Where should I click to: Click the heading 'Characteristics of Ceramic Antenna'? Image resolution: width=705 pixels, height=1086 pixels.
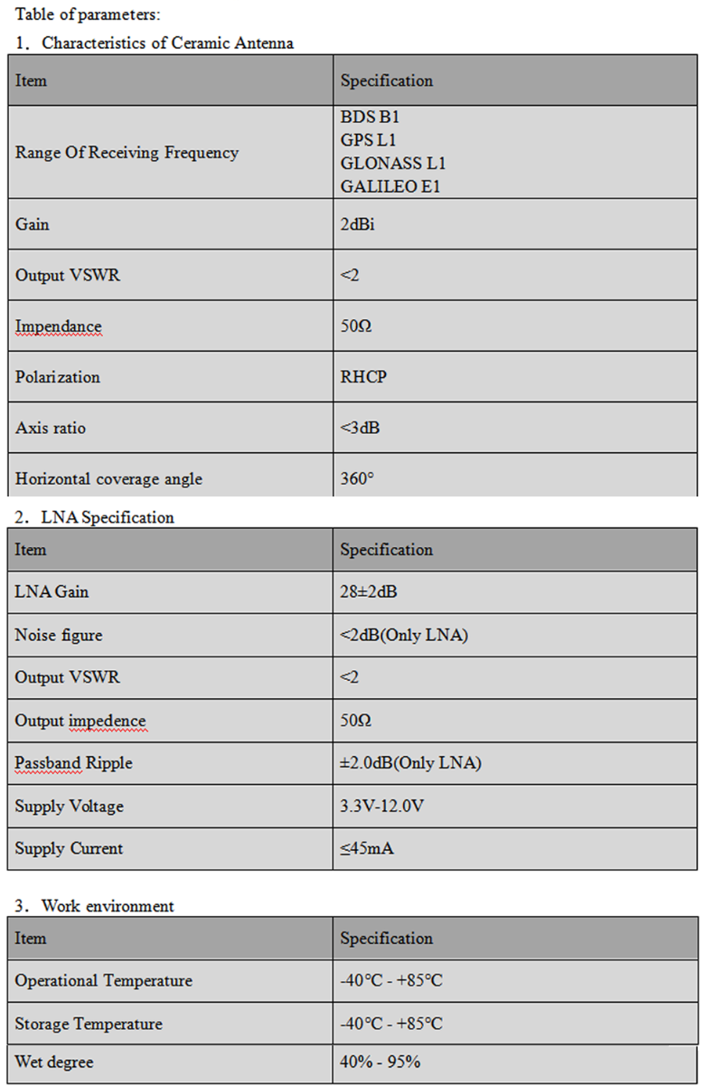point(167,42)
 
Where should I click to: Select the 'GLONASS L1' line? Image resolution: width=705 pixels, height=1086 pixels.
point(392,164)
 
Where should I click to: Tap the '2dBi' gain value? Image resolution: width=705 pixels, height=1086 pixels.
point(357,224)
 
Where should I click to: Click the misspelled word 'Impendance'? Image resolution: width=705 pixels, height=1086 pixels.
point(58,326)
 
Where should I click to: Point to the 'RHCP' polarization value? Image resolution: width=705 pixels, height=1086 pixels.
point(363,377)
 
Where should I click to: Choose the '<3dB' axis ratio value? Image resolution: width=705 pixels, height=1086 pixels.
point(360,428)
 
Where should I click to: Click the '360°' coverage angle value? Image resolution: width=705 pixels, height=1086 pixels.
point(357,478)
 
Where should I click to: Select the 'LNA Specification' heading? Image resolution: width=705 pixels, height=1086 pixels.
point(108,517)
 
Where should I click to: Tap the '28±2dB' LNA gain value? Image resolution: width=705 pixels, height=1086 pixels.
point(369,592)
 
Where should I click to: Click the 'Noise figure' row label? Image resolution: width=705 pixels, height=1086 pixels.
point(58,635)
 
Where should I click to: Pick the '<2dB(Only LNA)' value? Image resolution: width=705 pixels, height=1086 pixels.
point(403,635)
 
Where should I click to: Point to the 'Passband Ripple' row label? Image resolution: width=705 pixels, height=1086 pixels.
point(73,763)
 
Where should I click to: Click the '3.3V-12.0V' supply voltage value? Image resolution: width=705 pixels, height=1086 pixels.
point(381,806)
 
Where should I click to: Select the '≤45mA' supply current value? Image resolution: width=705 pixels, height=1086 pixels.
point(366,848)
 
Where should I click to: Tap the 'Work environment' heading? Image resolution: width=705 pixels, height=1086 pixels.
point(108,905)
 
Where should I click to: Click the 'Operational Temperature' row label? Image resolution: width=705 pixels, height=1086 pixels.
point(103,981)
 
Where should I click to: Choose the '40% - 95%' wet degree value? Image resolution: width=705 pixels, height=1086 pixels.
point(380,1062)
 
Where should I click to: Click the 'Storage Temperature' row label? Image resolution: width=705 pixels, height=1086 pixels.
point(89,1024)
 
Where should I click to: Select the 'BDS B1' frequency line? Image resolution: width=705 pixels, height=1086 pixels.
point(370,117)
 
